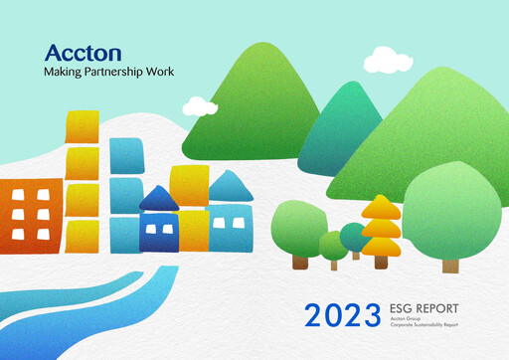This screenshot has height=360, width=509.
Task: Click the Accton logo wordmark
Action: pyautogui.click(x=84, y=54)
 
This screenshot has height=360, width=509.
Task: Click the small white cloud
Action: pyautogui.click(x=200, y=105)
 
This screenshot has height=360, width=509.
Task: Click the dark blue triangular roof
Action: pyautogui.click(x=158, y=199)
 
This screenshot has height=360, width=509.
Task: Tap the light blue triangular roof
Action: pyautogui.click(x=230, y=187)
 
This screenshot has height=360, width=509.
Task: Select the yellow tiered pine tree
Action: pyautogui.click(x=381, y=226)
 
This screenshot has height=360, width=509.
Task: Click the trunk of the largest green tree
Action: pyautogui.click(x=450, y=266)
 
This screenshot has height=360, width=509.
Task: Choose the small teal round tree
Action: pyautogui.click(x=353, y=237)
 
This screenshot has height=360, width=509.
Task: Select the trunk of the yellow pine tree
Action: pyautogui.click(x=381, y=262)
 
